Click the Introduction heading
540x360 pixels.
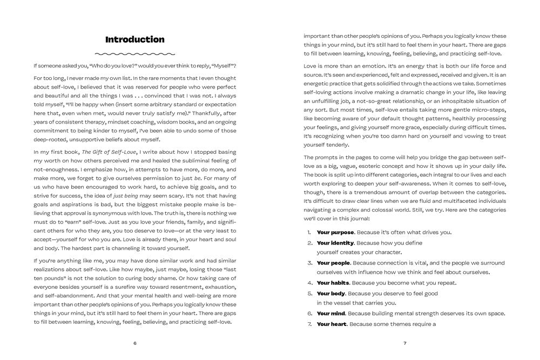(x=134, y=39)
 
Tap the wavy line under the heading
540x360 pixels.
(x=134, y=54)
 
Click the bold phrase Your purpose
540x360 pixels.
(x=335, y=232)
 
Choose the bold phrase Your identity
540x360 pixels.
(x=335, y=243)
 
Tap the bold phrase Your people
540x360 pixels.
(x=334, y=263)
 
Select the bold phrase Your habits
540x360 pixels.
(x=333, y=282)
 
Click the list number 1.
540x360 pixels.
(x=309, y=232)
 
